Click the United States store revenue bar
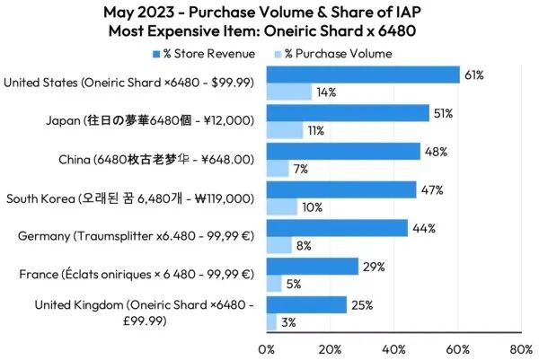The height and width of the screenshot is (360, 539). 363,75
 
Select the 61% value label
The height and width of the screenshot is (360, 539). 473,75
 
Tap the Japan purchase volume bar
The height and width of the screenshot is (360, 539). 285,130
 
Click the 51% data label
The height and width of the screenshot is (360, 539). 442,113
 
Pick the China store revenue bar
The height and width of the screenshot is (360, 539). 343,152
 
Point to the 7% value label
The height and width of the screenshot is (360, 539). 301,169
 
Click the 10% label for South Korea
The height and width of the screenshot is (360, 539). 311,207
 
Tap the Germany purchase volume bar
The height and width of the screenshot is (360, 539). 279,245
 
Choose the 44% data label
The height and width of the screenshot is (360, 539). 422,228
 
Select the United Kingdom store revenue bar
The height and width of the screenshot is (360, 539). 306,305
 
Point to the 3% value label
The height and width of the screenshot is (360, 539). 289,322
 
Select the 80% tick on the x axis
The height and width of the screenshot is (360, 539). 520,347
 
